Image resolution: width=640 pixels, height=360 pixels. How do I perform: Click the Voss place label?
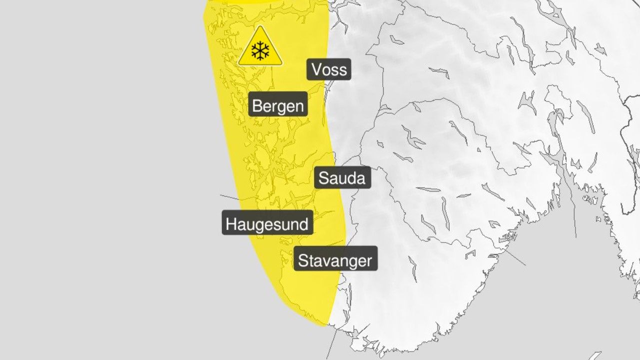click(x=329, y=69)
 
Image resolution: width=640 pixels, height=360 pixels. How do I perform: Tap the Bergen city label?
click(x=278, y=105)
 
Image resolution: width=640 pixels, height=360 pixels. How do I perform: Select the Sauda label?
click(x=342, y=178)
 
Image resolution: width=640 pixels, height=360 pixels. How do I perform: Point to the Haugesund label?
click(x=267, y=223)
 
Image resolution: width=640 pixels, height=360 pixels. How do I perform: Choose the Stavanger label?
click(x=335, y=260)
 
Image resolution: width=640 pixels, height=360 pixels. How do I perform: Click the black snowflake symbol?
click(x=260, y=50)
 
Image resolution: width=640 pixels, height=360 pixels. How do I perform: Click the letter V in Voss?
click(x=316, y=69)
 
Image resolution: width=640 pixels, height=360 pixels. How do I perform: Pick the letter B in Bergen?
click(x=258, y=105)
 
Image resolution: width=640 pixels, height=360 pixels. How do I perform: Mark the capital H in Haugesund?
click(x=231, y=223)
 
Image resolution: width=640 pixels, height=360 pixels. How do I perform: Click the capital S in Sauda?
click(x=323, y=178)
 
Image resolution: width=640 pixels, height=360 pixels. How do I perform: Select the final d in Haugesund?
click(x=303, y=223)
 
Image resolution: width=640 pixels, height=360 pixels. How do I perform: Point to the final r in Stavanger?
click(x=369, y=261)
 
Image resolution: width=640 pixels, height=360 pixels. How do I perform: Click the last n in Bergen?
click(x=298, y=106)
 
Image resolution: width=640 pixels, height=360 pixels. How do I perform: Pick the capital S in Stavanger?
click(x=303, y=260)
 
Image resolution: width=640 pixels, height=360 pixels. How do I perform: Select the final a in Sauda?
click(x=361, y=178)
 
